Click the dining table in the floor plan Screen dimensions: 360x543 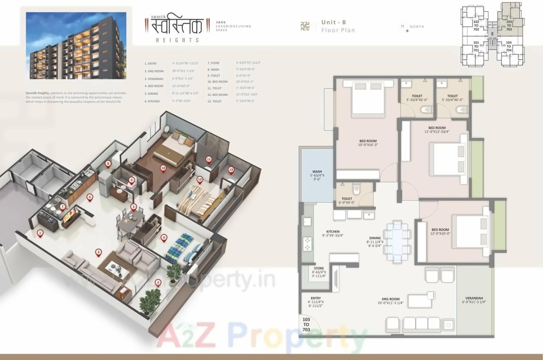397,242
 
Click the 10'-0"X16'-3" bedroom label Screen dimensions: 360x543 367,143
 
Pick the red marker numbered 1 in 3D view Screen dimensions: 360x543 40,233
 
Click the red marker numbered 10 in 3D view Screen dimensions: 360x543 163,168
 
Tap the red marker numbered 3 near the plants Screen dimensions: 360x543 158,282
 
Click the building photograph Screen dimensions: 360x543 76,45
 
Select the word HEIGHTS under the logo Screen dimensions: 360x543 180,40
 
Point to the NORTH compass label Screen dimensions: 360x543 417,27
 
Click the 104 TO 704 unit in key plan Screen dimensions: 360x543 509,46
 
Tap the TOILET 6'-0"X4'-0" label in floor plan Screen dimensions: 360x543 347,200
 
